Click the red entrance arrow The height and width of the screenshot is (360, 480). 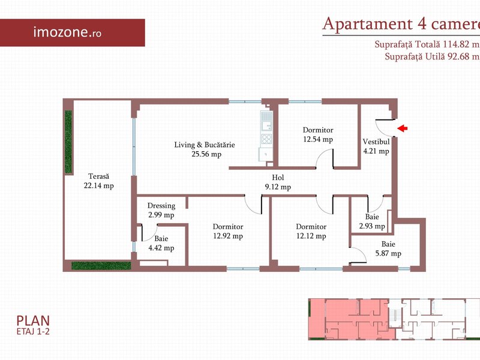coord(402,128)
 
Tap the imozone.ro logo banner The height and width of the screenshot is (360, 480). coord(72,33)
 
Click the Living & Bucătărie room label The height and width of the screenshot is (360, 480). coord(205,149)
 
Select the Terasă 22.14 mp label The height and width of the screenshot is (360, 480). coord(98,181)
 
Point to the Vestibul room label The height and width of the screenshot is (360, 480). coord(376,146)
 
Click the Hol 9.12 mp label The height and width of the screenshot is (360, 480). coord(278,182)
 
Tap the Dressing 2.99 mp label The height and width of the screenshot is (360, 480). coord(161,211)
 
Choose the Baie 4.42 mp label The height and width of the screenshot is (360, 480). coord(161,244)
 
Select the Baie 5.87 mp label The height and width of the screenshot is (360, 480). coord(388,248)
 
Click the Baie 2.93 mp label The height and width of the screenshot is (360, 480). coord(372,221)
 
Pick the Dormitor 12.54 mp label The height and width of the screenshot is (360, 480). coord(318,134)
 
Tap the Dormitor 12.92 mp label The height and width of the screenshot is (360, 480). coord(228,231)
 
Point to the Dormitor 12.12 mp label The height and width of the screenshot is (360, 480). coord(311,231)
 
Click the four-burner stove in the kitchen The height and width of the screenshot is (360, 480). coord(266,139)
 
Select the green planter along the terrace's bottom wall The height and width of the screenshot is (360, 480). coord(101,265)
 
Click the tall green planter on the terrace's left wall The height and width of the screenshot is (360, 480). coord(68,142)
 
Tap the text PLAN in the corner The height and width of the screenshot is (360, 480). coord(33,320)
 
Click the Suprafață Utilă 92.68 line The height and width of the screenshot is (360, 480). coord(432,56)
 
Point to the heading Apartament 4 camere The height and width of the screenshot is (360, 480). coord(401,24)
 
